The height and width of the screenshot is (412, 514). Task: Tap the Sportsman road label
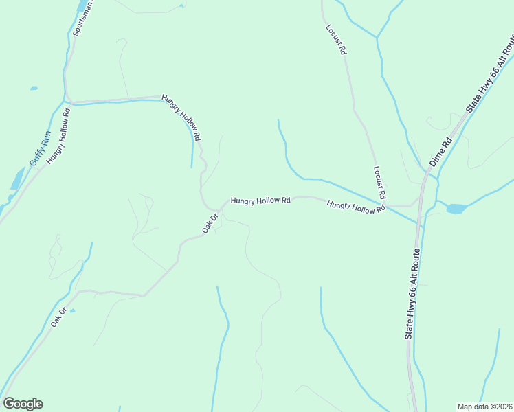[x=82, y=19]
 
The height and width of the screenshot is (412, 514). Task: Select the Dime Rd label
[x=440, y=152]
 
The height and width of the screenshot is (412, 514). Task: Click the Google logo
[x=23, y=404]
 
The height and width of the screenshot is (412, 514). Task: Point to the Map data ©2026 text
[x=484, y=407]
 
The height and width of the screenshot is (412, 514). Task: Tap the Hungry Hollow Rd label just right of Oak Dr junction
[x=260, y=201]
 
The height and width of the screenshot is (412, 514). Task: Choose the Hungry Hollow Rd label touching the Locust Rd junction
[x=355, y=206]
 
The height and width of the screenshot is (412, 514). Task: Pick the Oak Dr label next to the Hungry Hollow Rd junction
[x=210, y=222]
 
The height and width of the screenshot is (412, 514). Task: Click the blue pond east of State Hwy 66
[x=455, y=208]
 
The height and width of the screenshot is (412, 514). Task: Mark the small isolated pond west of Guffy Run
[x=33, y=89]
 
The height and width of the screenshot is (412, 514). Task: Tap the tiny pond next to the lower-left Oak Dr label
[x=72, y=310]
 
